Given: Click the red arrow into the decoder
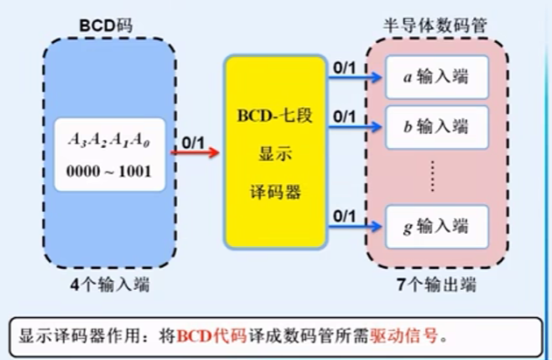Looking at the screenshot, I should tap(194, 152).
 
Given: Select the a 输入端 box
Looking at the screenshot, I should tap(435, 77).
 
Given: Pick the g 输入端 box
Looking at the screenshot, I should tap(435, 227).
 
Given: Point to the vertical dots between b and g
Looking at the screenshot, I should tap(436, 178).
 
